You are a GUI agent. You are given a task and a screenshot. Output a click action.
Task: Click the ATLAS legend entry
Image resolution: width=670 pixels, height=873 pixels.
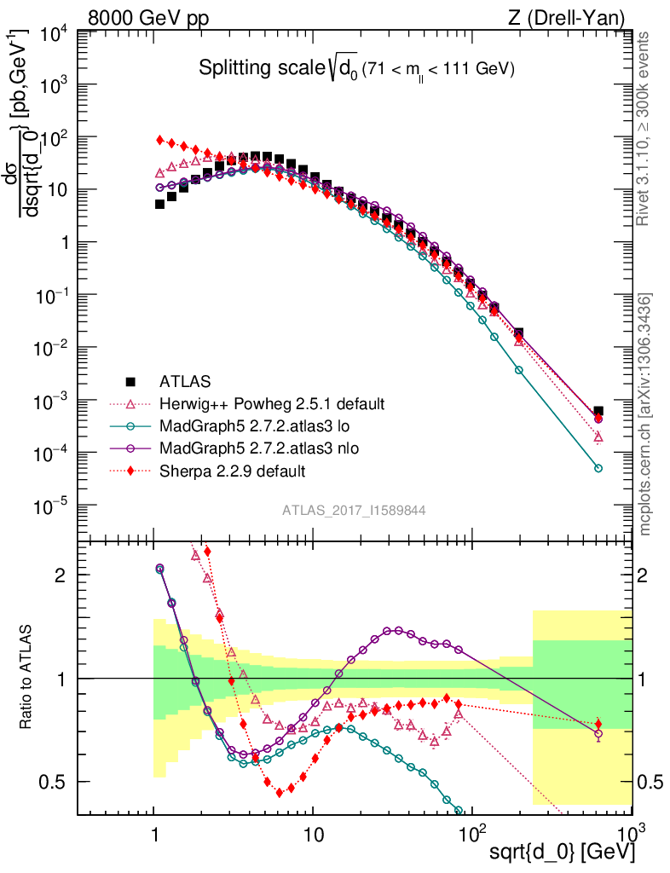[184, 381]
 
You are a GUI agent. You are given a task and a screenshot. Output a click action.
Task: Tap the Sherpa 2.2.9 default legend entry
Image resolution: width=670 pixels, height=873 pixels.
[233, 470]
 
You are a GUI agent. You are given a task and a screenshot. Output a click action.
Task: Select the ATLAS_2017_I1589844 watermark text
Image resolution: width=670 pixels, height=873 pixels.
[355, 510]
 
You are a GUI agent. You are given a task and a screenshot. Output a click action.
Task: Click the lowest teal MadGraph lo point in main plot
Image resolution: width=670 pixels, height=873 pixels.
[598, 468]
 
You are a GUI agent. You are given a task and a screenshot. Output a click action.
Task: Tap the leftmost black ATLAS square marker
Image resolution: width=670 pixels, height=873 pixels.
[159, 204]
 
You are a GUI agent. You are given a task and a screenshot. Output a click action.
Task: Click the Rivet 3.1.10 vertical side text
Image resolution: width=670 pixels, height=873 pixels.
[645, 128]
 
